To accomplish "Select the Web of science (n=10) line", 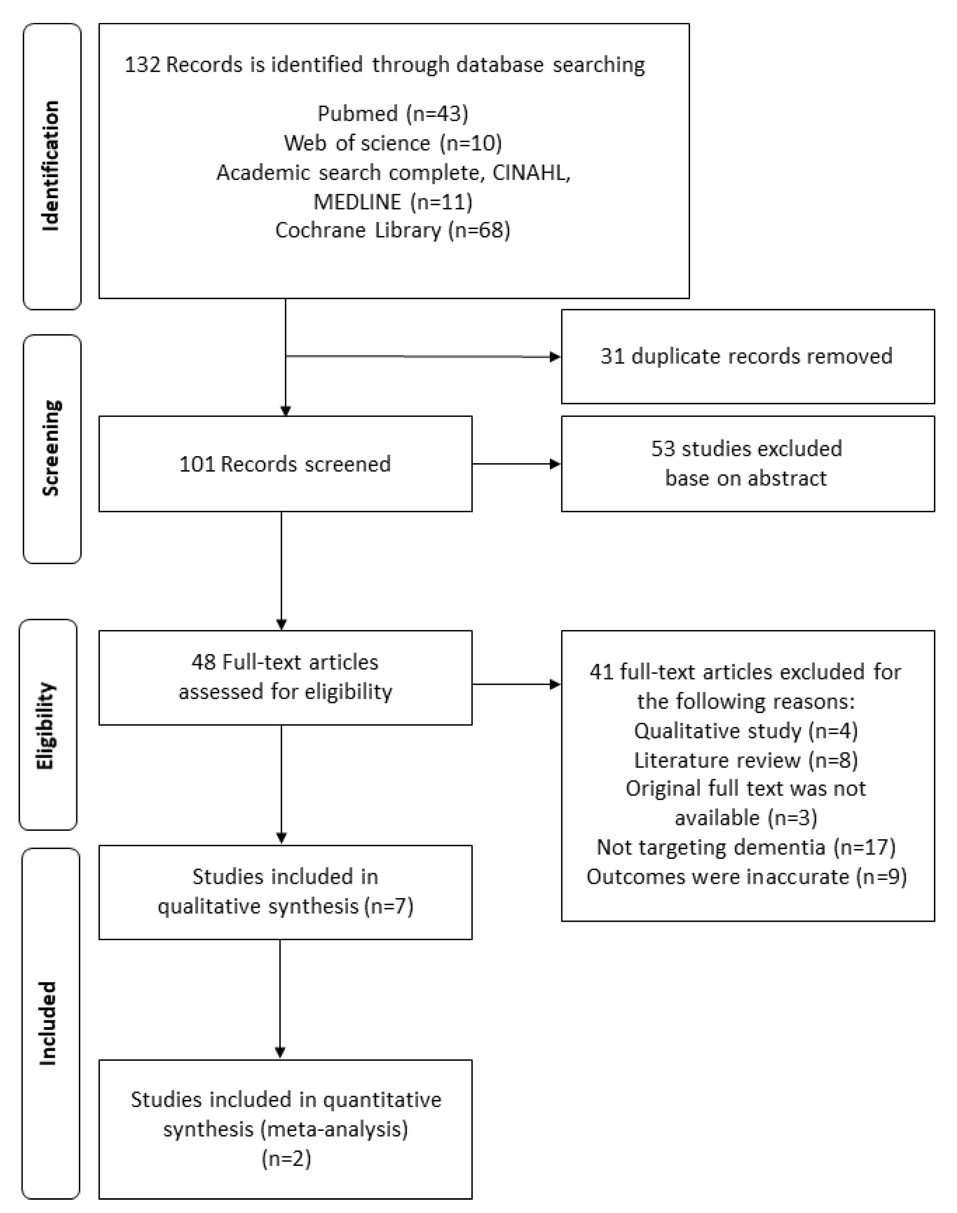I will tap(393, 143).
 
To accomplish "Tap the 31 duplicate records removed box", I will tap(747, 356).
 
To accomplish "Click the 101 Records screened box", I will tap(285, 464).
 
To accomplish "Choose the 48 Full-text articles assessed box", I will tap(285, 677).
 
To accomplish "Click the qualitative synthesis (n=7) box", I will tap(285, 891).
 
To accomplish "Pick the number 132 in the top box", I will tap(142, 65).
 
